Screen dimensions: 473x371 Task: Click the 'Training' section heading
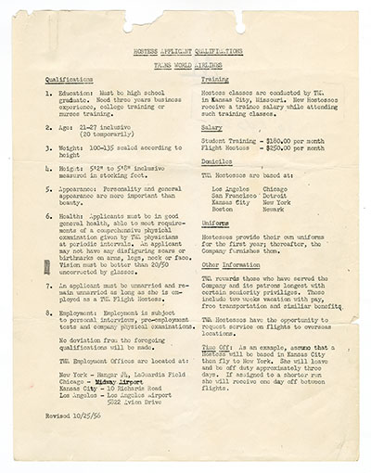coord(216,81)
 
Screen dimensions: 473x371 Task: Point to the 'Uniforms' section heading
coord(216,224)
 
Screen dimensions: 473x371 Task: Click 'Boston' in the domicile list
coord(224,210)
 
